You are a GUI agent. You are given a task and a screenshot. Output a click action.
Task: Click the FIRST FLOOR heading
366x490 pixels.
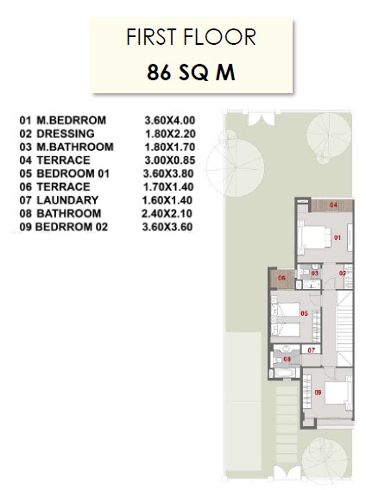[x=191, y=37]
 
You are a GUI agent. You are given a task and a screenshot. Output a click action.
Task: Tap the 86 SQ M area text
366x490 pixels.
[x=191, y=72]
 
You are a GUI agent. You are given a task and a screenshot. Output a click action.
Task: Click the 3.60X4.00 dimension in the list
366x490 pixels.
[x=170, y=120]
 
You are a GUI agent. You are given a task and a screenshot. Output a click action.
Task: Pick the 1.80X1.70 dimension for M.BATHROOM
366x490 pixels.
[x=170, y=147]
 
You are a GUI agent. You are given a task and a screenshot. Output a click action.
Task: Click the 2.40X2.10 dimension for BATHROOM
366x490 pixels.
[x=167, y=213]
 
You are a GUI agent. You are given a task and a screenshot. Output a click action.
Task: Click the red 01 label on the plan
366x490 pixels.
[x=338, y=238]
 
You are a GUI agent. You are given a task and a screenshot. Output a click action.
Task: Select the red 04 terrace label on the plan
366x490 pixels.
[x=334, y=205]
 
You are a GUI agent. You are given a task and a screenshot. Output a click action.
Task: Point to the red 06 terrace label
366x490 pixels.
[x=282, y=278]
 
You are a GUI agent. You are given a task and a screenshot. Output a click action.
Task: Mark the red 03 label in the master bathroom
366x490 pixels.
[x=315, y=273]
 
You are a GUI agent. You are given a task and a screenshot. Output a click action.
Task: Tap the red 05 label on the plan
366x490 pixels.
[x=304, y=313]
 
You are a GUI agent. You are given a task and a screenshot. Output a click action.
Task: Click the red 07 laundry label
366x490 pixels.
[x=311, y=350]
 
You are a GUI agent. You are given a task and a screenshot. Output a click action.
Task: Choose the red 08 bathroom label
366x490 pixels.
[x=287, y=360]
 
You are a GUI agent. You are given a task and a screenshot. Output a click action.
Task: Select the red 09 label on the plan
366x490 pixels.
[x=318, y=393]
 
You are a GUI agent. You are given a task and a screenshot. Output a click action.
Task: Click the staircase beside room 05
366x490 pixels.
[x=344, y=328]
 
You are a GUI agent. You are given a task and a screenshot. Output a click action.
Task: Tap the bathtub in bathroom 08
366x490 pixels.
[x=285, y=373]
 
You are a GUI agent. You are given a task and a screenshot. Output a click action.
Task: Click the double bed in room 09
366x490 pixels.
[x=338, y=393]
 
